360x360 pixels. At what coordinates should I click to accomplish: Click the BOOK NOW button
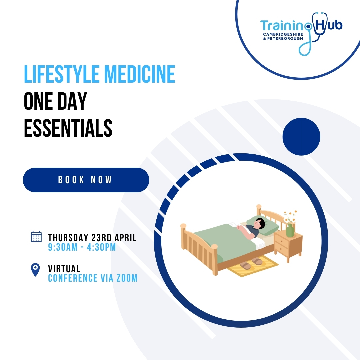coord(86,180)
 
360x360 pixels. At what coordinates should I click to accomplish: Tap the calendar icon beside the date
coord(36,237)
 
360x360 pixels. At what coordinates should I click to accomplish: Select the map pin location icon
coord(35,269)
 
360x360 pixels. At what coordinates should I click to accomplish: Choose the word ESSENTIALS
coord(68,128)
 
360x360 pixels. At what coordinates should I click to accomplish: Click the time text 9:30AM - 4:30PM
coord(82,247)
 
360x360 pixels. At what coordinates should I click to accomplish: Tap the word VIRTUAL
coord(64,269)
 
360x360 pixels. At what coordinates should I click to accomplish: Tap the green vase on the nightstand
coord(290,230)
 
